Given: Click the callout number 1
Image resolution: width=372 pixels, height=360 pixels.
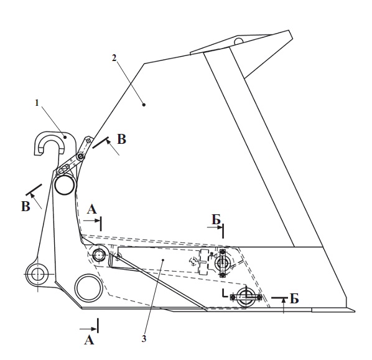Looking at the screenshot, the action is tap(37, 103).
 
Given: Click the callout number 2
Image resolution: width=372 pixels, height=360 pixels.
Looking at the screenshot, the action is tap(114, 58).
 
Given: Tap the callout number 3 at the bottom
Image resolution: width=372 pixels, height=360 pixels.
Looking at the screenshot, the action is tap(144, 339).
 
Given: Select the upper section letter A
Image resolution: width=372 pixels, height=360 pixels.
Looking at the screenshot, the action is tap(92, 209).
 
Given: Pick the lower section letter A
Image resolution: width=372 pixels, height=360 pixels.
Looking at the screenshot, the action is tap(89, 340).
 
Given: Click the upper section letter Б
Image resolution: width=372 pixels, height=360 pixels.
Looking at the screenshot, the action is tap(216, 220).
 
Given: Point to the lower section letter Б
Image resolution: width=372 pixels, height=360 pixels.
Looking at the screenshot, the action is tap(294, 299).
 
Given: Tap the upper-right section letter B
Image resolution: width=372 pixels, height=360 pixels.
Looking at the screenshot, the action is tap(121, 140).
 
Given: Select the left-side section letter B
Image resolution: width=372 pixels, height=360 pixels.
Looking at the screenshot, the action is tap(26, 206).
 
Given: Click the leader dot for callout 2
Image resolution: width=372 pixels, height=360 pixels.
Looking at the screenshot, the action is tap(144, 105).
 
